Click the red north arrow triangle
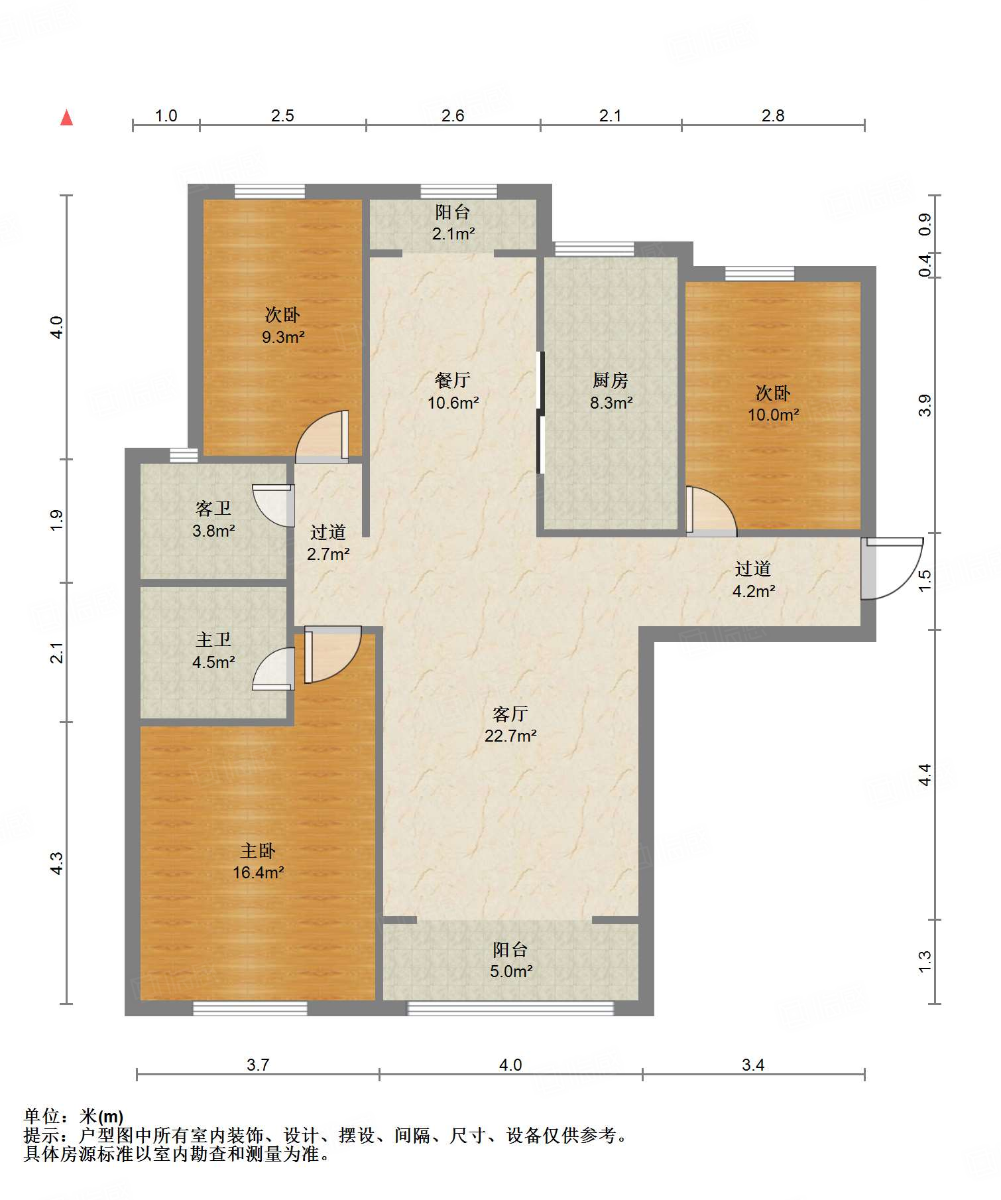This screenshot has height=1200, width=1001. point(66,117)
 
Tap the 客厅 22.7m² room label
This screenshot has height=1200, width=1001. point(510,724)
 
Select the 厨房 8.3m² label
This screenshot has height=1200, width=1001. point(611,391)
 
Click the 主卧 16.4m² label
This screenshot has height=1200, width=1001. point(258,861)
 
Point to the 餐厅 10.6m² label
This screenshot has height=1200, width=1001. point(453,391)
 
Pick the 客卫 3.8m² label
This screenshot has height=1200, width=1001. point(213,519)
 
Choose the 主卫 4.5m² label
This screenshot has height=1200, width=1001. point(213,651)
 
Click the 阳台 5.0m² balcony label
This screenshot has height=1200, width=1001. point(510,961)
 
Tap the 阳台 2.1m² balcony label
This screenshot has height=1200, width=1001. point(453,223)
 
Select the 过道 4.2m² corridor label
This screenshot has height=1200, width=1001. point(754,580)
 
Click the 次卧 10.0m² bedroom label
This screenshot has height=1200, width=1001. point(773,404)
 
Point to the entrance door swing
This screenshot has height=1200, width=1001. point(892,568)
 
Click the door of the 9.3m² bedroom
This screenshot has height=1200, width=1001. point(322,436)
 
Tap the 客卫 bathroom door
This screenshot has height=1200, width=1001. point(273,505)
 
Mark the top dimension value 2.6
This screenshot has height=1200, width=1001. point(453,116)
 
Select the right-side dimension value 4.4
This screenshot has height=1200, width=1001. point(925,775)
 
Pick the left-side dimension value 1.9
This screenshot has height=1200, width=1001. point(57,519)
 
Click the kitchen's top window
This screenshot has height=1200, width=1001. point(594,249)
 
